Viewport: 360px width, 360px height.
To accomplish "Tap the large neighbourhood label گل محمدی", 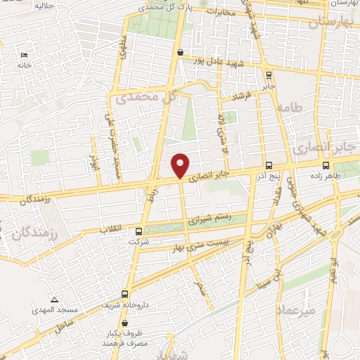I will tap(148, 97).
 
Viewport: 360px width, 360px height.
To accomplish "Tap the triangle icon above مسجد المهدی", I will tap(54, 300).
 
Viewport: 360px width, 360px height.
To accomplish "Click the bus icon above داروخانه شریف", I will tap(124, 295).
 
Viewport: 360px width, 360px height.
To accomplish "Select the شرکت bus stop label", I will tap(139, 241).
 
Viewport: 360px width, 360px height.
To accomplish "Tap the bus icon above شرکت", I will tap(139, 231).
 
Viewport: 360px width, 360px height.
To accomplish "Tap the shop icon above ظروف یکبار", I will tap(124, 323).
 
